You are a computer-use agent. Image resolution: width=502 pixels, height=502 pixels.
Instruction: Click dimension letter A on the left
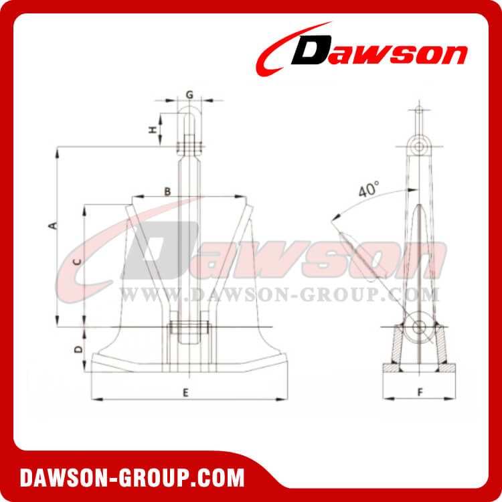tap(54, 226)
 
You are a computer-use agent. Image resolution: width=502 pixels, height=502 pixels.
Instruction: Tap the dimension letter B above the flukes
tap(167, 191)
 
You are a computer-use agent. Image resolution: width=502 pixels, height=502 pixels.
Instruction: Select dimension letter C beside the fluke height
tap(77, 262)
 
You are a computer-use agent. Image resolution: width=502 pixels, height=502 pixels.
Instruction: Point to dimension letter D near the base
tap(78, 349)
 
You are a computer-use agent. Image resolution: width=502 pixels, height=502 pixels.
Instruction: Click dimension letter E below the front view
tap(185, 393)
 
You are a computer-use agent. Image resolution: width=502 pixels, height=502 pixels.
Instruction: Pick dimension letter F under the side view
tap(420, 392)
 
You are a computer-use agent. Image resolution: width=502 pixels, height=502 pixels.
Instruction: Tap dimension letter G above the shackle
tap(189, 95)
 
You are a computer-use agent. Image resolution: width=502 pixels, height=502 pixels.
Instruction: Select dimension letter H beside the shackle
tap(153, 130)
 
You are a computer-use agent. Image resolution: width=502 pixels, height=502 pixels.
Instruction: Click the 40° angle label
tap(369, 189)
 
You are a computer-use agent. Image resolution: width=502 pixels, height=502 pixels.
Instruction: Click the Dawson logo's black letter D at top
tap(311, 50)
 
